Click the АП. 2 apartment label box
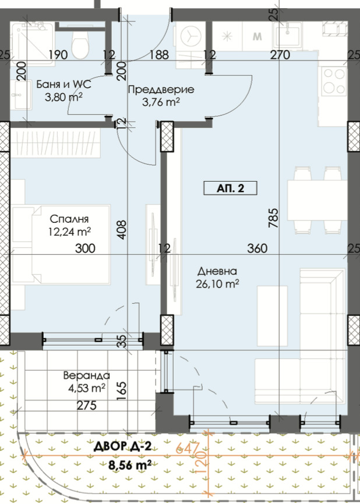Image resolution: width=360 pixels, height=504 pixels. click(x=230, y=188)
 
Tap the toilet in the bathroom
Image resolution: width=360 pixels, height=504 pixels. click(x=80, y=44)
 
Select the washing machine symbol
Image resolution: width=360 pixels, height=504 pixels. click(x=191, y=36)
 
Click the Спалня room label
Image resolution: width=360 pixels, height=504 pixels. click(x=69, y=219)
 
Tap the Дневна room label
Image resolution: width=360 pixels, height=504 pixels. click(x=217, y=271)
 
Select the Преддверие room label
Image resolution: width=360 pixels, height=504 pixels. click(x=161, y=90)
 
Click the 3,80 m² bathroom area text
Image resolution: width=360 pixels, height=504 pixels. click(x=63, y=97)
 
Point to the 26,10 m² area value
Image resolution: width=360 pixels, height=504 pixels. click(x=217, y=284)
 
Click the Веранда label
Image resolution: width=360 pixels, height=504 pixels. click(x=87, y=375)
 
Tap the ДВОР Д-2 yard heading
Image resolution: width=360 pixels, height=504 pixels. click(x=122, y=446)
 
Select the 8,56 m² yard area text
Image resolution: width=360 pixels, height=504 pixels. click(x=130, y=465)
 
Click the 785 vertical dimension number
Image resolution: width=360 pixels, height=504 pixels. click(x=273, y=218)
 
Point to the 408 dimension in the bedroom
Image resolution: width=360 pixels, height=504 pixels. click(x=122, y=229)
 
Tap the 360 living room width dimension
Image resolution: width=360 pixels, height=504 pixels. click(x=257, y=248)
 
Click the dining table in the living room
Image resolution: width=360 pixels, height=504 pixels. click(x=317, y=200)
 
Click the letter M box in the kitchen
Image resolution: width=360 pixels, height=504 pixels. click(x=257, y=36)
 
